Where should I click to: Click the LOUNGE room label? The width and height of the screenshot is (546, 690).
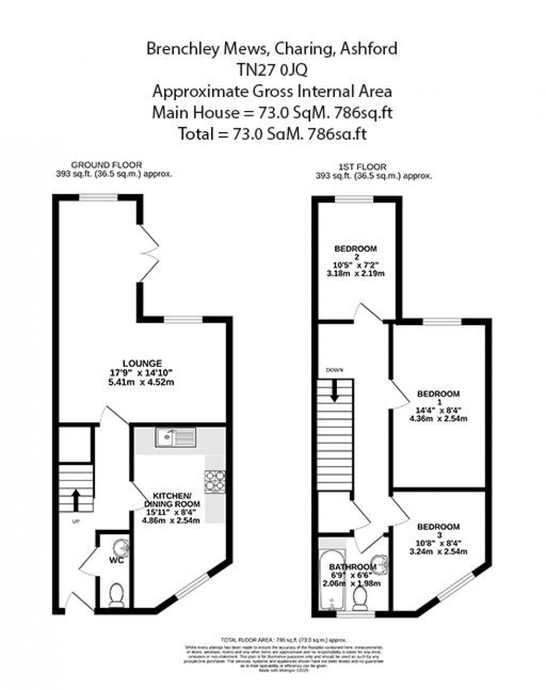coord(143,363)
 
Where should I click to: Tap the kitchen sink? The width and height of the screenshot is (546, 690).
coord(173,438)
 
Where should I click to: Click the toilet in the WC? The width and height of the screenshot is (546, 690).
coord(116,595)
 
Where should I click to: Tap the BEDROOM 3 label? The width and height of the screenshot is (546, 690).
coord(438,527)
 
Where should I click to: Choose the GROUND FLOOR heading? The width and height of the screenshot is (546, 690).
coord(106,165)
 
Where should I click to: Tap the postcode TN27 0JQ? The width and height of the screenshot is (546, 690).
coord(272,70)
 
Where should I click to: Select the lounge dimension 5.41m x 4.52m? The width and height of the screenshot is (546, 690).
coord(143,382)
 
